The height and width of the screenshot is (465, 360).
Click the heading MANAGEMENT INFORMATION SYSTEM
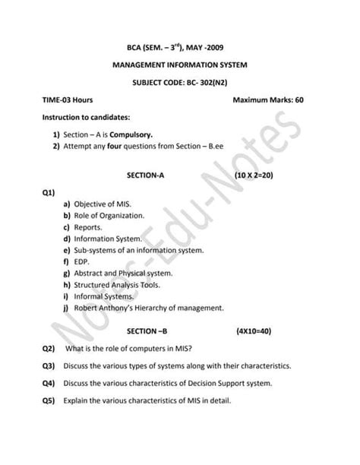point(180,65)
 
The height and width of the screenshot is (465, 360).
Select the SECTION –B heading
point(147,332)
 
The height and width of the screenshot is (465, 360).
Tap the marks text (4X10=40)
point(257,332)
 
